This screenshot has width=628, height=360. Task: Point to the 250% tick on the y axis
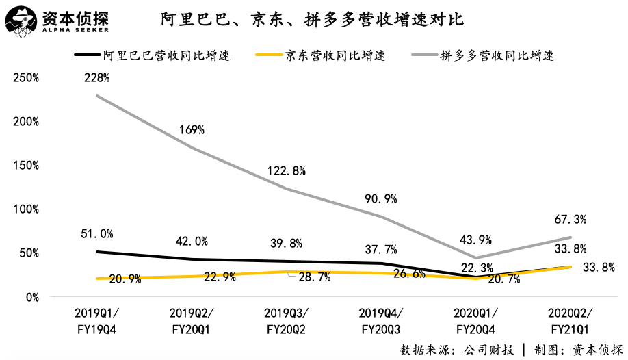tap(26, 78)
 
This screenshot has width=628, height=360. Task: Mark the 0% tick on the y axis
tap(31, 297)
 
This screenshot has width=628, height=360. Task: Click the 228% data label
tap(96, 79)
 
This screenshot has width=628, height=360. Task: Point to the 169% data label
tap(192, 129)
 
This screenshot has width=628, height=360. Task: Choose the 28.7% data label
tap(315, 277)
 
